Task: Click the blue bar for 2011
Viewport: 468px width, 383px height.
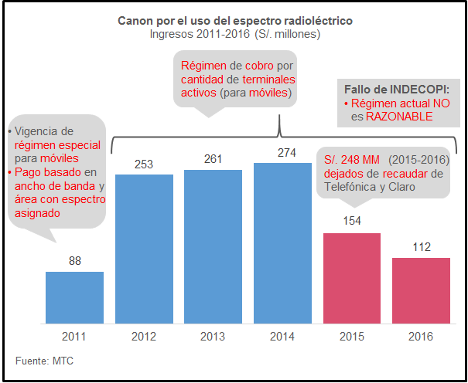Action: coord(74,297)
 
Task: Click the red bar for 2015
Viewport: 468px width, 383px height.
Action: coord(351,278)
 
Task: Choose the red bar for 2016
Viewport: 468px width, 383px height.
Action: coord(421,290)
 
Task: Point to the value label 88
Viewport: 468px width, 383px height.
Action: coord(75,261)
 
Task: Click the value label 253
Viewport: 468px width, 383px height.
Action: coord(144,164)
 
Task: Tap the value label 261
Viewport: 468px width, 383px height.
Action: coord(214,158)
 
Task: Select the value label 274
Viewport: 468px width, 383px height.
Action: coord(283,153)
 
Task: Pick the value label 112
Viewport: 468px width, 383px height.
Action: coord(421,247)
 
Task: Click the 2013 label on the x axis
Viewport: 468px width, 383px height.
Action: coord(214,337)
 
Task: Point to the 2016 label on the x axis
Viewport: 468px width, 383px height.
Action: coord(421,337)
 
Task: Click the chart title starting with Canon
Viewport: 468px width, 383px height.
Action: coord(234,21)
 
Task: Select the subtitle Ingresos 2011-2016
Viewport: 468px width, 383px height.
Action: coord(234,34)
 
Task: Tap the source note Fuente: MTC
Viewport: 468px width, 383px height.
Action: coord(45,361)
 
